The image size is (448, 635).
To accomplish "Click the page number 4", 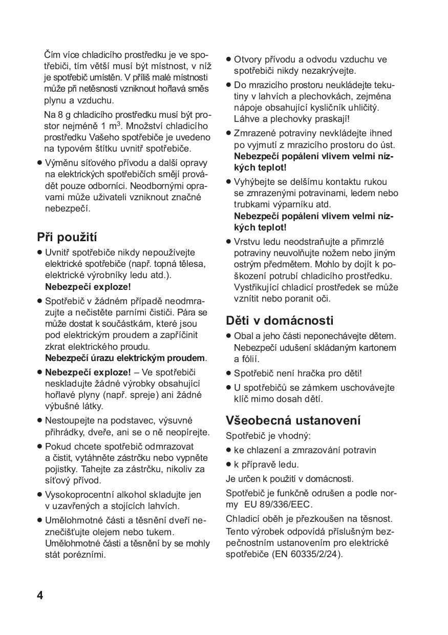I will [x=40, y=596].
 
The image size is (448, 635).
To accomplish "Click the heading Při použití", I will [x=67, y=238].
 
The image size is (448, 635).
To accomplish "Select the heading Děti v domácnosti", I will [x=280, y=321].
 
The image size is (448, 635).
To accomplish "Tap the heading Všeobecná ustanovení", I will [x=293, y=420].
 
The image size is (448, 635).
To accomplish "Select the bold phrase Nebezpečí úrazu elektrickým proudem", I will [x=125, y=358].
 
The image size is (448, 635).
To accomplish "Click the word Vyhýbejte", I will [x=253, y=182].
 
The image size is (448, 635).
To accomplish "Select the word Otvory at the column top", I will [x=247, y=59].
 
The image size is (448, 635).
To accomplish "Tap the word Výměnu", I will [x=61, y=163].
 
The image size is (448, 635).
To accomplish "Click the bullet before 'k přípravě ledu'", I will [x=228, y=464].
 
